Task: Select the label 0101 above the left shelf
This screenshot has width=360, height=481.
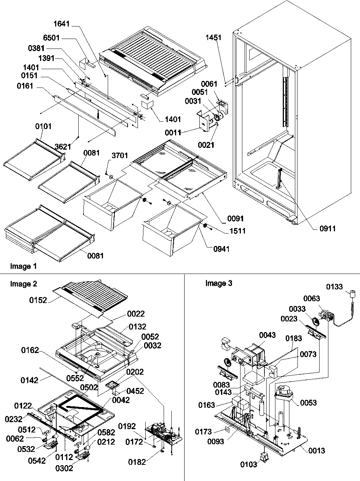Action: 44,126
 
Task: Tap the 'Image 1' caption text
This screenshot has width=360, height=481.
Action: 23,266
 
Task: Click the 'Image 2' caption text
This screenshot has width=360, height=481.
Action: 24,284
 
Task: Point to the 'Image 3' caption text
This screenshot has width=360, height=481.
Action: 218,283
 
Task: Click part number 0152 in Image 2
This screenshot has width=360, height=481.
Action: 38,300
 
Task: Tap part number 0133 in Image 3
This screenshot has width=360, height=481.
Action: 335,286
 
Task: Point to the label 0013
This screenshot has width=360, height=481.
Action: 316,450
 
